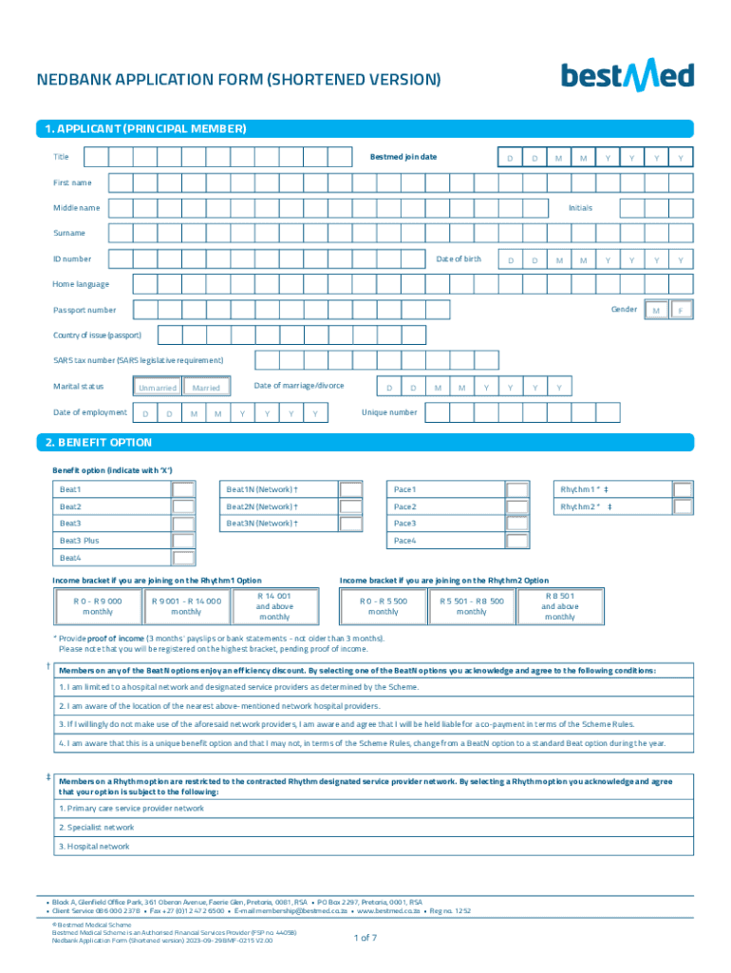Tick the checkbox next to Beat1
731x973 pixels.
click(183, 489)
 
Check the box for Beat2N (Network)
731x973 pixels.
click(350, 506)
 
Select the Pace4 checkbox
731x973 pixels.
click(517, 541)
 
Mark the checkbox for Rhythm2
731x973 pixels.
click(683, 506)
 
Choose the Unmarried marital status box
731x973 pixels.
click(157, 388)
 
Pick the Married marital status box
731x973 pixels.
click(206, 388)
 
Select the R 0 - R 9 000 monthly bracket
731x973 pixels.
click(98, 606)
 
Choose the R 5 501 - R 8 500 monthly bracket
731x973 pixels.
click(472, 606)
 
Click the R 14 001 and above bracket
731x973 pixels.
click(275, 606)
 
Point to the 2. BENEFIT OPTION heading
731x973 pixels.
click(98, 443)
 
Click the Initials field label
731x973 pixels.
click(580, 207)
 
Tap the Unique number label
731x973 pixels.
click(389, 412)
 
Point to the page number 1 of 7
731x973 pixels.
click(365, 938)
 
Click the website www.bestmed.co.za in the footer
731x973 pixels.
click(388, 910)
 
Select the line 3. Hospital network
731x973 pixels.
click(95, 846)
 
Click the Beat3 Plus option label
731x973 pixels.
click(80, 541)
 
